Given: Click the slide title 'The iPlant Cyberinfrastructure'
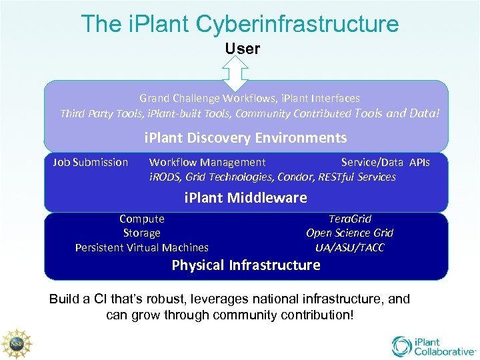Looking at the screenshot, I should pos(240,24).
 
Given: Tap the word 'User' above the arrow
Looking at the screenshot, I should pos(242,49).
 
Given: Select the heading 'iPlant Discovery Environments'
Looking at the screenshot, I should pos(246,138).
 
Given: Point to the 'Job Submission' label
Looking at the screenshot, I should pos(91,162).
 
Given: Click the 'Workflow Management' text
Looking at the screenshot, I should pos(207,162).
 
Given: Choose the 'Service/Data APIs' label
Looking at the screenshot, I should pos(385,162).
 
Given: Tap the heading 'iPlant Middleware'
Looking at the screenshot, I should pos(246,197).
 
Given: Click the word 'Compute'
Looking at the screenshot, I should pos(142,219).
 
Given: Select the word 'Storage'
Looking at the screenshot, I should pos(142,233).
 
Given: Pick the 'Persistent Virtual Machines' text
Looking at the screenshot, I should pos(142,247).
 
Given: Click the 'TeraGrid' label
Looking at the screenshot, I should pos(350,219).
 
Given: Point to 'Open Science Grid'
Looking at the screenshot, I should pos(350,233).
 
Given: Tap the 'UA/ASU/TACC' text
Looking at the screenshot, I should pos(350,247).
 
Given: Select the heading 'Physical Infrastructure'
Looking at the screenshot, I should pos(246,265).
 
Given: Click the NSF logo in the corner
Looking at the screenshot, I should pos(17,343).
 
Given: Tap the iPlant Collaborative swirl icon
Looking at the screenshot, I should pos(402,346).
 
